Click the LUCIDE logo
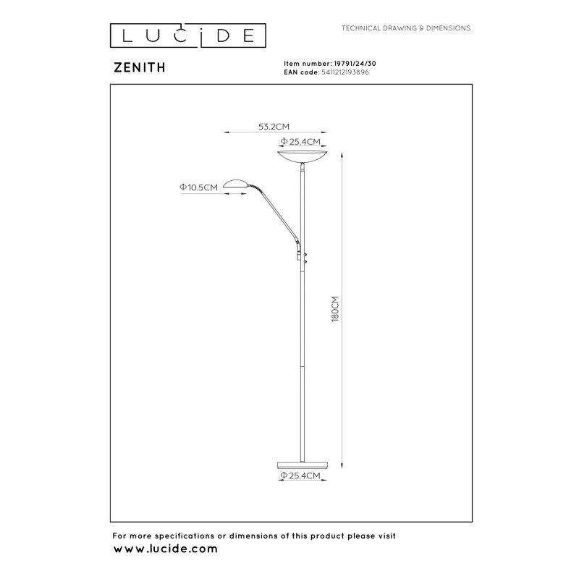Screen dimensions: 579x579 click(x=188, y=35)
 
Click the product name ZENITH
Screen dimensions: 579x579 click(x=140, y=67)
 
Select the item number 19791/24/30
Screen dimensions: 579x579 click(x=355, y=64)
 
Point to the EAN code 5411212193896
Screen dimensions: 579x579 click(x=345, y=72)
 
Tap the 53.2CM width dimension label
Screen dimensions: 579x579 click(x=274, y=127)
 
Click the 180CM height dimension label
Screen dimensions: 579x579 click(x=335, y=309)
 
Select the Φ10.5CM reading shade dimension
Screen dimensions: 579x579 click(x=198, y=187)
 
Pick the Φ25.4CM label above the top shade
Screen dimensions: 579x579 click(x=300, y=141)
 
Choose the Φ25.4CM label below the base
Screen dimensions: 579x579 click(x=300, y=476)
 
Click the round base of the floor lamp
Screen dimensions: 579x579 click(x=303, y=465)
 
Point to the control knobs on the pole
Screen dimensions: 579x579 click(x=305, y=258)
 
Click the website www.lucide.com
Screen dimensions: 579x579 click(x=166, y=549)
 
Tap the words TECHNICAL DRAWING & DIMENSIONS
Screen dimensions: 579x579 click(x=406, y=28)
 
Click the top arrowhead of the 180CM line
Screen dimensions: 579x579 click(x=342, y=155)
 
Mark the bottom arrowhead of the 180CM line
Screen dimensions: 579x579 click(x=342, y=465)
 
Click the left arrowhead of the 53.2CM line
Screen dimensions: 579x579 click(x=227, y=132)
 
